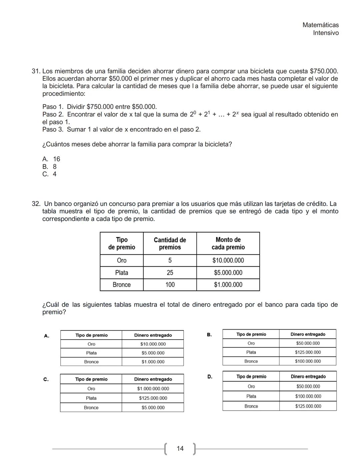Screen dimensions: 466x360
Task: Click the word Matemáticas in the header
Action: tap(320, 25)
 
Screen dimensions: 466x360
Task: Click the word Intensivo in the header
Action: tap(326, 33)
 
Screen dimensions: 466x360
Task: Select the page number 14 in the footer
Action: tap(180, 449)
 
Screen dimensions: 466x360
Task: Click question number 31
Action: tap(36, 71)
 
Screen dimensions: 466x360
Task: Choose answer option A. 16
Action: tap(51, 159)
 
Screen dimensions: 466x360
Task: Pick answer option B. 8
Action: tap(50, 166)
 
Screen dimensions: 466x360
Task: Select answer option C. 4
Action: tap(50, 174)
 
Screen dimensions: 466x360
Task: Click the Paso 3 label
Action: tap(53, 129)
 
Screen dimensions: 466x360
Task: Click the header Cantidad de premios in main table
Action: tap(170, 244)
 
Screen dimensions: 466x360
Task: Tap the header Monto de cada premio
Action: tap(228, 244)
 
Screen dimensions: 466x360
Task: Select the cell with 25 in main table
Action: tap(170, 273)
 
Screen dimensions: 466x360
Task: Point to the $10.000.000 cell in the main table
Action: tap(228, 261)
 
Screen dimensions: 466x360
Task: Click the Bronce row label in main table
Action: tap(122, 285)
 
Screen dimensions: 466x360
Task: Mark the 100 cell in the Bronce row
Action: tap(170, 285)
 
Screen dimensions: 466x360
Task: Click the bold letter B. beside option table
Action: tap(209, 335)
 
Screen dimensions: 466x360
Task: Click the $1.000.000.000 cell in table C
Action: tap(153, 389)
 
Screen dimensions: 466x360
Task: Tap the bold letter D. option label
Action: tap(210, 377)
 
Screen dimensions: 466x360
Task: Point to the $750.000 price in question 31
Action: tap(323, 71)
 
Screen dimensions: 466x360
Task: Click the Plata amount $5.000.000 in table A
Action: tap(153, 353)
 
